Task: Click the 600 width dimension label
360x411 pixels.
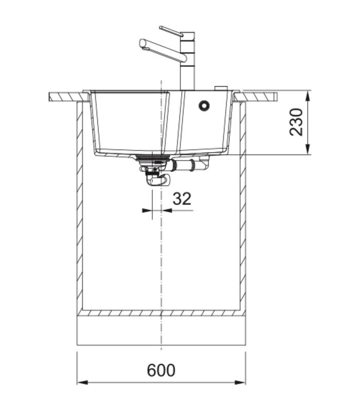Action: [161, 370]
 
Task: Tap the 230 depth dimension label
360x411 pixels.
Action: [296, 122]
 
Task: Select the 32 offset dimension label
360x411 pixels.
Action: [182, 199]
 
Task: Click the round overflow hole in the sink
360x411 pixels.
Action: [204, 105]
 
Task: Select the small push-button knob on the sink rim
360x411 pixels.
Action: [221, 88]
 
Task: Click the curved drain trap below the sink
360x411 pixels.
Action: [158, 180]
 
